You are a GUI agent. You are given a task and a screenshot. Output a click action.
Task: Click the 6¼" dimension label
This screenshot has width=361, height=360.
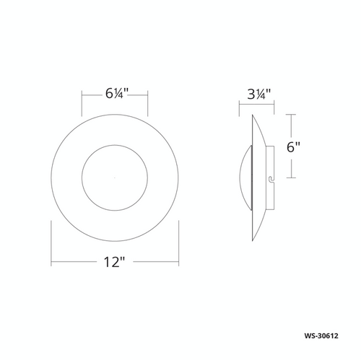pyautogui.click(x=115, y=94)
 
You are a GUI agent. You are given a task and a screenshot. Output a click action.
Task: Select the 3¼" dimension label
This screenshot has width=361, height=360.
pyautogui.click(x=259, y=95)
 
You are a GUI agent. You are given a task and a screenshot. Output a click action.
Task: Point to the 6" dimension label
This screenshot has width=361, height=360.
pyautogui.click(x=293, y=146)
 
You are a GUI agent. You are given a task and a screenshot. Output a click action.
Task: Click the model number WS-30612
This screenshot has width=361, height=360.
pyautogui.click(x=321, y=335)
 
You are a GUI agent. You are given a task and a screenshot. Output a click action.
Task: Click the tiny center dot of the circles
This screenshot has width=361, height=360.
pyautogui.click(x=115, y=177)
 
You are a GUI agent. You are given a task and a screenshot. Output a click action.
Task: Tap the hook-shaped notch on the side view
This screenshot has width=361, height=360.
pyautogui.click(x=271, y=178)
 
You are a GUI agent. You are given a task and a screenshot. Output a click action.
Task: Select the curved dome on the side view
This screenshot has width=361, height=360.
pyautogui.click(x=245, y=178)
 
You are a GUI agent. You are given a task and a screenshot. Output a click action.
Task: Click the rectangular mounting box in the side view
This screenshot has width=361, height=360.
pyautogui.click(x=270, y=178)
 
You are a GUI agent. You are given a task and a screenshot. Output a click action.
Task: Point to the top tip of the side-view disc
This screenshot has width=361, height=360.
pyautogui.click(x=253, y=115)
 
